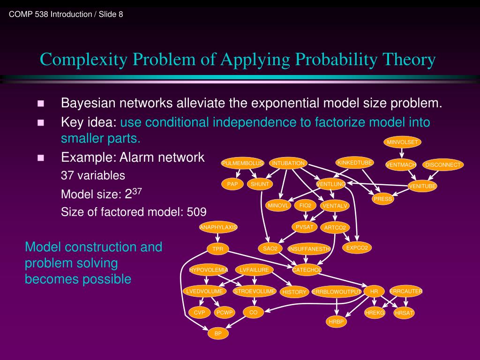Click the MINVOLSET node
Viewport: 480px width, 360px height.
tap(402, 142)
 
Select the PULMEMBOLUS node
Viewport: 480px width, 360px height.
tap(243, 163)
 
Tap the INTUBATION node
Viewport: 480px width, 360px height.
tap(288, 163)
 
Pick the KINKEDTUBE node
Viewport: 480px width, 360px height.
tap(355, 163)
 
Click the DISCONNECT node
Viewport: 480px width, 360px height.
tap(443, 165)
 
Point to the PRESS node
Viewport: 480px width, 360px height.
tap(383, 199)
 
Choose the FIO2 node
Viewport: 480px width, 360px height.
tap(305, 205)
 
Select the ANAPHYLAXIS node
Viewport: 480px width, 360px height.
tap(218, 227)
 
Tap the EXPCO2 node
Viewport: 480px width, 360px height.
tap(358, 248)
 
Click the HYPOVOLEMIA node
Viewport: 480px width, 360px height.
tap(209, 270)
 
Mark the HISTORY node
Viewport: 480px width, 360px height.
tap(294, 292)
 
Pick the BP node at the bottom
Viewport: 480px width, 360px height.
tap(218, 334)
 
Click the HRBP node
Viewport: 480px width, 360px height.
tap(337, 322)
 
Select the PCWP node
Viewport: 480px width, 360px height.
tap(224, 313)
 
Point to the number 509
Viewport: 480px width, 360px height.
tap(196, 212)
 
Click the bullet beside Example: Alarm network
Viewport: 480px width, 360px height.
tap(40, 157)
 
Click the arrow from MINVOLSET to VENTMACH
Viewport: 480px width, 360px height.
tap(401, 154)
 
